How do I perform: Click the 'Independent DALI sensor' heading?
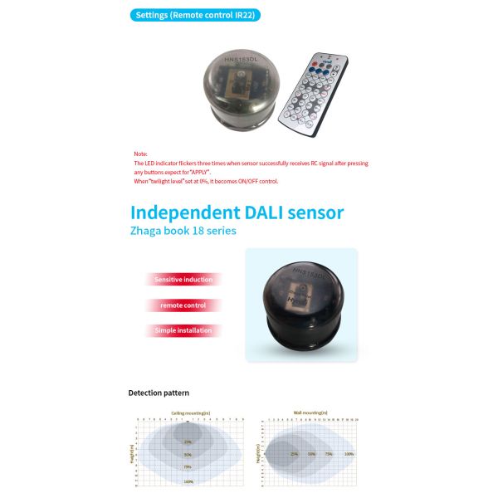(x=236, y=212)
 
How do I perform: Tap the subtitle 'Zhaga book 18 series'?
(x=183, y=231)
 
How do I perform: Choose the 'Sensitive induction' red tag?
(x=183, y=280)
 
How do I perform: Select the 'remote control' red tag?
(x=183, y=305)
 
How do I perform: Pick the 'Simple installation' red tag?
(x=183, y=330)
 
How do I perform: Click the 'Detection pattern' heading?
(x=159, y=392)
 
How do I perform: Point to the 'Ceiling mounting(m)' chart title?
(x=189, y=413)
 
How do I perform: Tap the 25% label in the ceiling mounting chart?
(x=188, y=442)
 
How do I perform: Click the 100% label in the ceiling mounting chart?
(x=188, y=481)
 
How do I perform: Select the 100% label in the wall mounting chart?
(x=349, y=454)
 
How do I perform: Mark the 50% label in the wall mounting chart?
(x=311, y=454)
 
